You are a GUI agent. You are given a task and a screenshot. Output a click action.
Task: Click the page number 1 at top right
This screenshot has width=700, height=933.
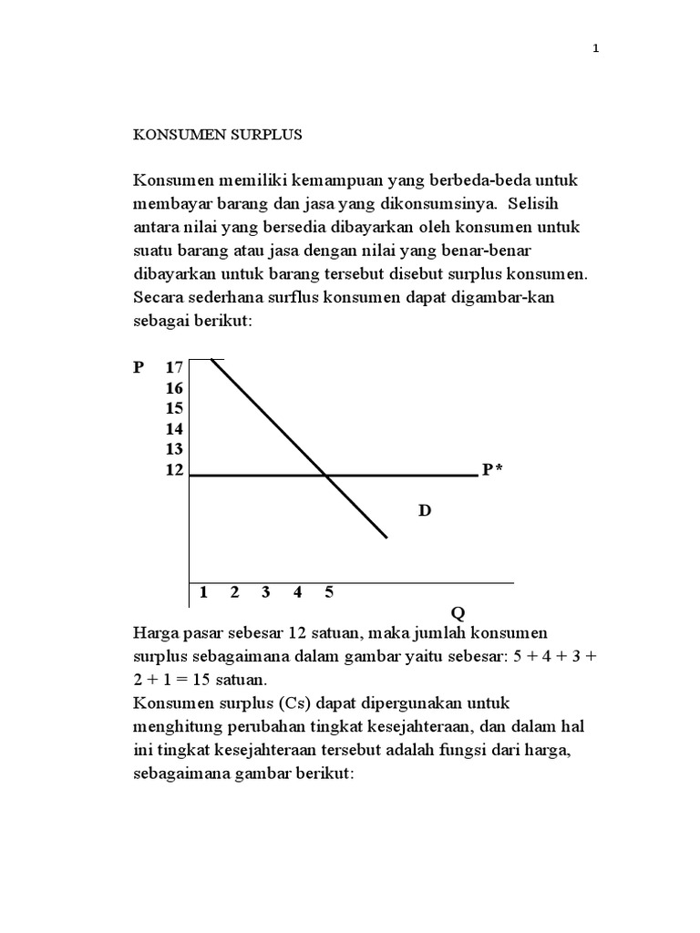596,50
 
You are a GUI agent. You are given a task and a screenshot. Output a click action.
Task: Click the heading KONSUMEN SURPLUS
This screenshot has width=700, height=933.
218,135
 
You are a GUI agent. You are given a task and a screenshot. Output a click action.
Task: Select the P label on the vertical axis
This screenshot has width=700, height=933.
139,368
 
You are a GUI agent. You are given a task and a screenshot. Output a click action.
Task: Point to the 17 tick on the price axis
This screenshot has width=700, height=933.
174,368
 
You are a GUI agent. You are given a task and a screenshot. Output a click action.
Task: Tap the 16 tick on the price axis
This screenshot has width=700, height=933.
174,389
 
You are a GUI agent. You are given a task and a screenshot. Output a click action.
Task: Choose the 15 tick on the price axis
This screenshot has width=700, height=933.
174,409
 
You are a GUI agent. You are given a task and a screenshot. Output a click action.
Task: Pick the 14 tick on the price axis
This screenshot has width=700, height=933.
174,429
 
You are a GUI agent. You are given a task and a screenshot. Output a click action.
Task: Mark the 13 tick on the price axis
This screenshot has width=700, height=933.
174,449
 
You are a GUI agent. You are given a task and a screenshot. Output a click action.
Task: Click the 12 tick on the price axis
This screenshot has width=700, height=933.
174,470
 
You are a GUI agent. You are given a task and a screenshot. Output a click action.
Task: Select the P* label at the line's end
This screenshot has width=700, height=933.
493,470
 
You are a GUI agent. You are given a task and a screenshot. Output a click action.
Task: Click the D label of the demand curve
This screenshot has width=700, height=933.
424,511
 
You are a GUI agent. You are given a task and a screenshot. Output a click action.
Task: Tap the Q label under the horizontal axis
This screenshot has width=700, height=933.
458,614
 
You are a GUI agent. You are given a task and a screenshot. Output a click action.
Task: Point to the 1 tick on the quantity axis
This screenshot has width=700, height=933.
203,592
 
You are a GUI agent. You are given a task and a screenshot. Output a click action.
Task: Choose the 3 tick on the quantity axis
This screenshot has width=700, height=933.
266,592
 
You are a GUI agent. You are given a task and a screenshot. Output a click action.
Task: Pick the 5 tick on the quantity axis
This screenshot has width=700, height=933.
329,592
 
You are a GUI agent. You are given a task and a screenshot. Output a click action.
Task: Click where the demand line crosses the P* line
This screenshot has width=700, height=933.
326,475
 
